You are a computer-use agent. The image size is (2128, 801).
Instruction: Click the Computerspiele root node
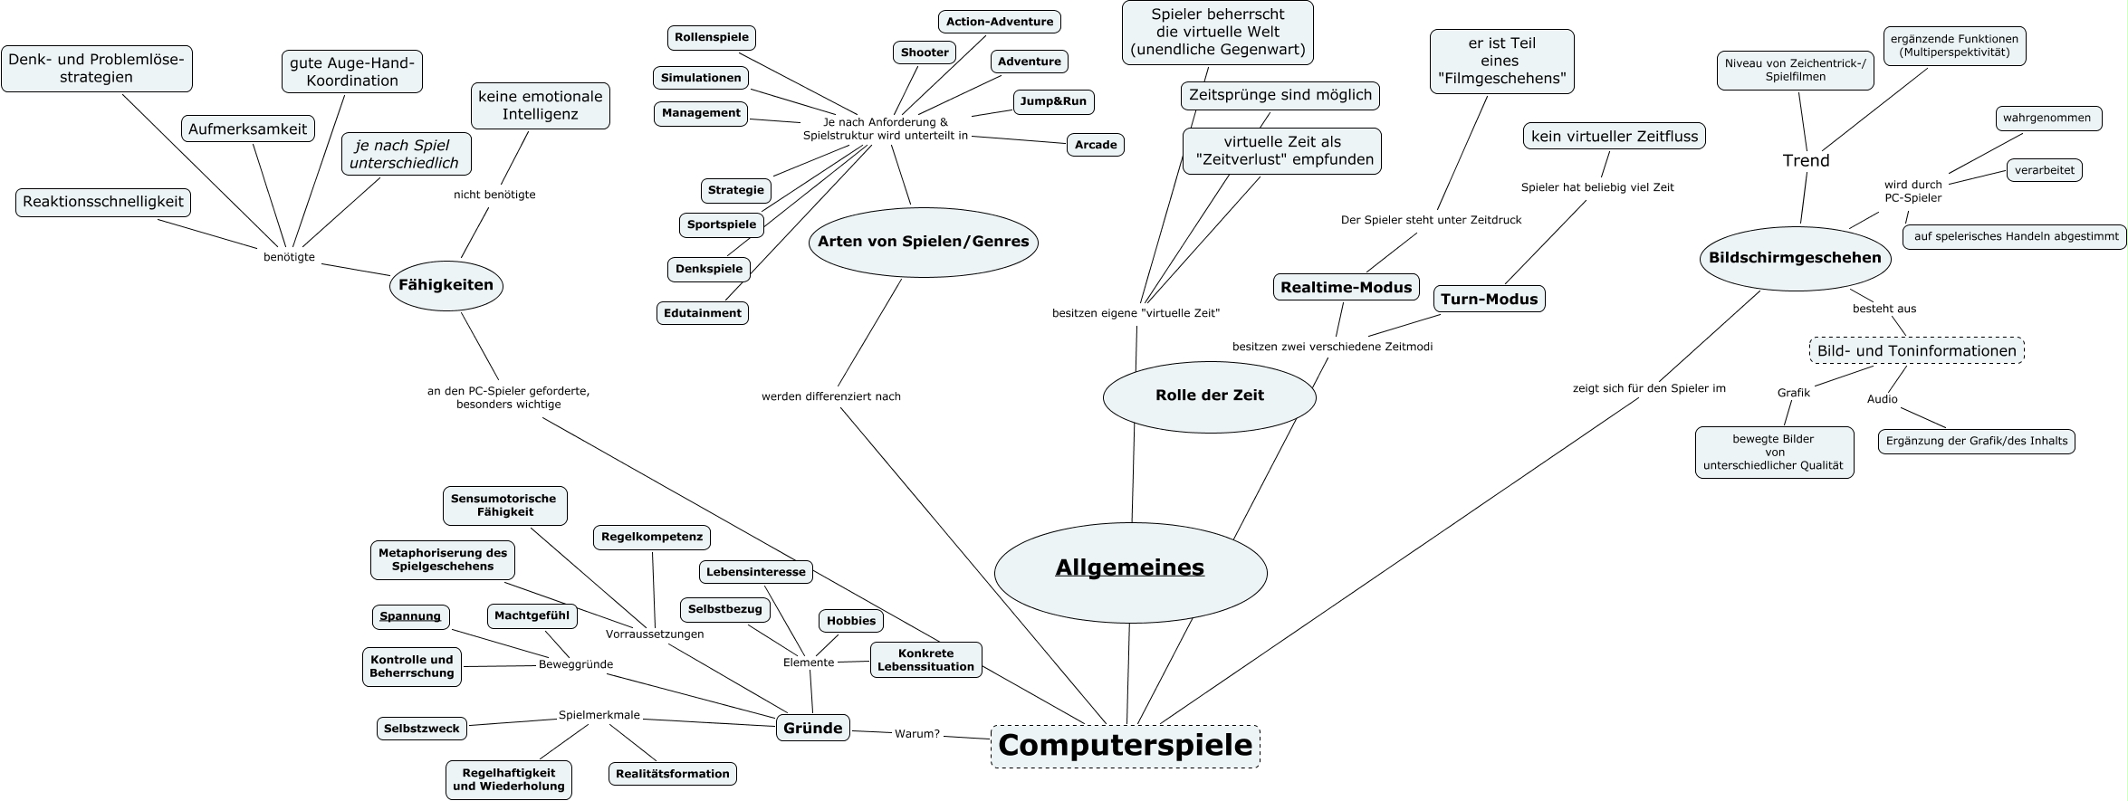tap(1125, 746)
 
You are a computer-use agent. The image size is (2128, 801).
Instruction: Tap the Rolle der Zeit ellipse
tap(1209, 396)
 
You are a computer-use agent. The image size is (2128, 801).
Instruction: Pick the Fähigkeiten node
tap(446, 285)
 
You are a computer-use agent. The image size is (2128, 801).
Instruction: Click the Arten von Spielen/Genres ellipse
tap(923, 242)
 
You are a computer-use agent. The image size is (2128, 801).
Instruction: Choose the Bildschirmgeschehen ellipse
tap(1794, 258)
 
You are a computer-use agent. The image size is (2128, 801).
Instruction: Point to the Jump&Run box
tap(1052, 101)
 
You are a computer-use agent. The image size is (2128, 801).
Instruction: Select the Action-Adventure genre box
tap(999, 22)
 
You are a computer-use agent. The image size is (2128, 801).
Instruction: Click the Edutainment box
tap(702, 313)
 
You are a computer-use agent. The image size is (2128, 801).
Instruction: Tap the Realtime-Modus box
tap(1346, 288)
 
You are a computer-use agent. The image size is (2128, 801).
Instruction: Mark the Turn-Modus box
tap(1489, 299)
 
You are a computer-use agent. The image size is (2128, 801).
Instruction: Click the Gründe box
tap(812, 728)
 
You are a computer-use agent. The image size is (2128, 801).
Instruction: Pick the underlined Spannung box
tap(410, 616)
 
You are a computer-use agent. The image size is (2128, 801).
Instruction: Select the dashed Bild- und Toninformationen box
tap(1916, 350)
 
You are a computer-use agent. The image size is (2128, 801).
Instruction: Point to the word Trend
tap(1806, 160)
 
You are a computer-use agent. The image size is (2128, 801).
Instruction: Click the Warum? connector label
tap(916, 733)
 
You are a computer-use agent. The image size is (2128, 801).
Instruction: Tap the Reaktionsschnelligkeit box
tap(103, 202)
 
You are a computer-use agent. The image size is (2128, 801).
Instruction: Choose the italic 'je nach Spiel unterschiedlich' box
tap(405, 154)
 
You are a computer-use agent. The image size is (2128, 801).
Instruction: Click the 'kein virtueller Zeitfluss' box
tap(1615, 136)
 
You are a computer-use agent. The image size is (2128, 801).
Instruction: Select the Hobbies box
tap(850, 621)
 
